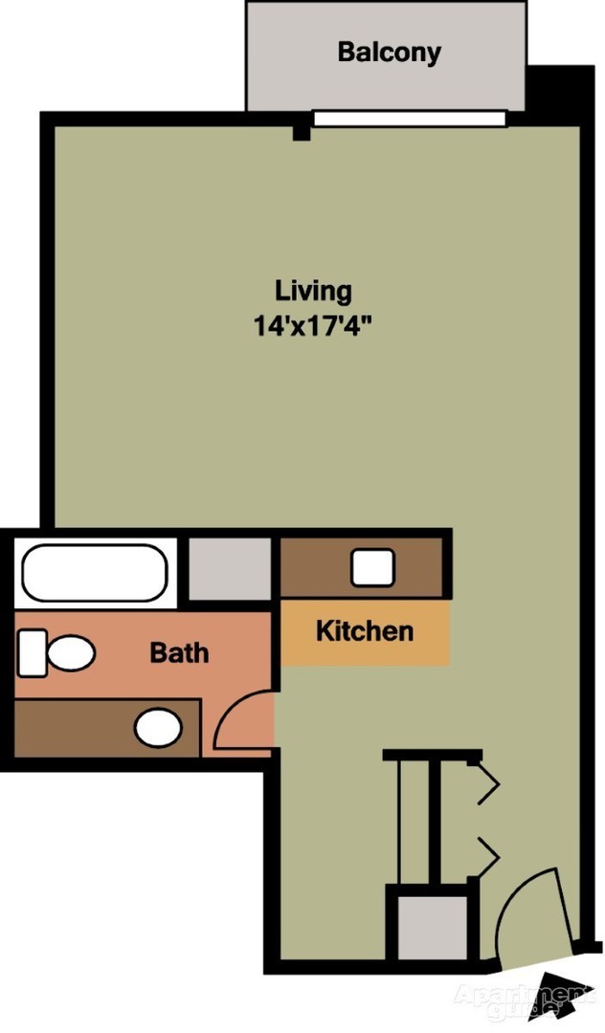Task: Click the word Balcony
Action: coord(389,52)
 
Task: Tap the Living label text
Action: coord(313,290)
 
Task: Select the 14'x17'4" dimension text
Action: coord(313,325)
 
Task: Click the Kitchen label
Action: coord(365,631)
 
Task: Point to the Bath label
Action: coord(179,653)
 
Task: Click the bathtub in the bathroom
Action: coord(95,573)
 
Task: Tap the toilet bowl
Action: coord(70,654)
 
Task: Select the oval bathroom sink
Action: coord(158,728)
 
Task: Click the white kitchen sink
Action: coord(372,567)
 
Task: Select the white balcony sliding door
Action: coord(409,119)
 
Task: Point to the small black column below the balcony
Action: coord(302,129)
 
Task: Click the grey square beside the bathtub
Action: coord(229,569)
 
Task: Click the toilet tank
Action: coord(32,653)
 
